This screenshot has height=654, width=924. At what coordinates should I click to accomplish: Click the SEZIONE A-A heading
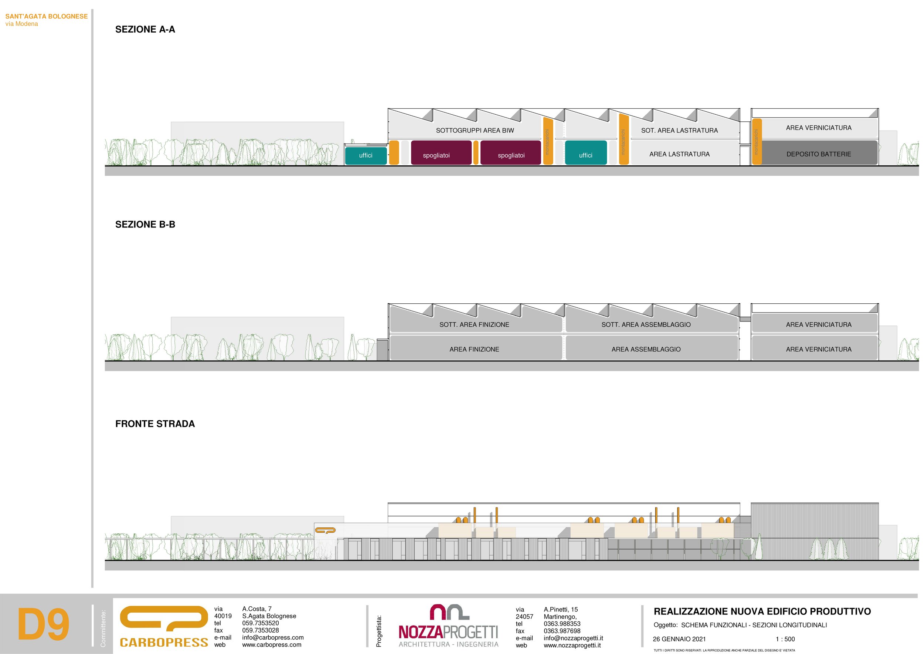point(145,29)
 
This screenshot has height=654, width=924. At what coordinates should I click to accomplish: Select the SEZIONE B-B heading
point(145,224)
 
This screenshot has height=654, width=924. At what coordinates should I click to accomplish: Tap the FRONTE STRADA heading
point(155,424)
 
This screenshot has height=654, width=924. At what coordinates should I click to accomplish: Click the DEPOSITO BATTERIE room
point(819,154)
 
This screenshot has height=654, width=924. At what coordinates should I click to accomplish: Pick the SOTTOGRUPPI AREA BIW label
point(475,131)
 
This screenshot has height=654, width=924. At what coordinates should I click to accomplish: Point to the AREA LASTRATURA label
point(679,154)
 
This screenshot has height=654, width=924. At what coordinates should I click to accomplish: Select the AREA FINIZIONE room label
point(474,349)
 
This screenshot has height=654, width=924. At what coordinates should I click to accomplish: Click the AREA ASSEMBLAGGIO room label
point(646,349)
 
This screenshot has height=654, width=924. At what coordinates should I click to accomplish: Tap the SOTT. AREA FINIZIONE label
point(474,324)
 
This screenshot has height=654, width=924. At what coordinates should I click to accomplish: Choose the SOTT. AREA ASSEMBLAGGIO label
point(646,324)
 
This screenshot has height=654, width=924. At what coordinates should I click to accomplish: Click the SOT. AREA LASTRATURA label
point(679,131)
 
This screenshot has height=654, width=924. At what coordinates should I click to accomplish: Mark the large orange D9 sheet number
point(43,625)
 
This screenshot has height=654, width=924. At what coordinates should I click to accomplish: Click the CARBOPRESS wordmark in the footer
point(164,642)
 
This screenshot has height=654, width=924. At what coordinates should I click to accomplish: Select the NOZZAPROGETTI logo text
point(448,632)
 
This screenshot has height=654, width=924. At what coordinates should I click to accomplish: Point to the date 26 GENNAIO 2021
point(679,639)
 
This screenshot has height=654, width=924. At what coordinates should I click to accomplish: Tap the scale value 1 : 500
point(785,639)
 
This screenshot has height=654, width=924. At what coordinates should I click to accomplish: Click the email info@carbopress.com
point(273,637)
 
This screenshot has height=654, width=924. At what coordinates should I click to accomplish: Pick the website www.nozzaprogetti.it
point(572,645)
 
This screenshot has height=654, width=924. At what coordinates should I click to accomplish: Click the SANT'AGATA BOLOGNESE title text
point(46,17)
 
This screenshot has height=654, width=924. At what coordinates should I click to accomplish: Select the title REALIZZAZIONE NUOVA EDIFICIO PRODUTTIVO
point(762,611)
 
